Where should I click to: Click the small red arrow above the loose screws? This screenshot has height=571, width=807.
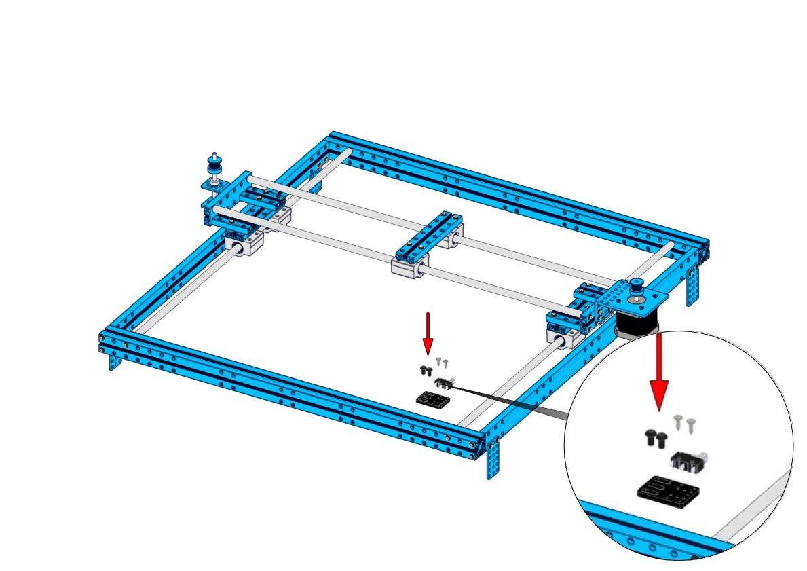tap(428, 333)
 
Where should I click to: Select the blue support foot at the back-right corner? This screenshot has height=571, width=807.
tap(693, 285)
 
